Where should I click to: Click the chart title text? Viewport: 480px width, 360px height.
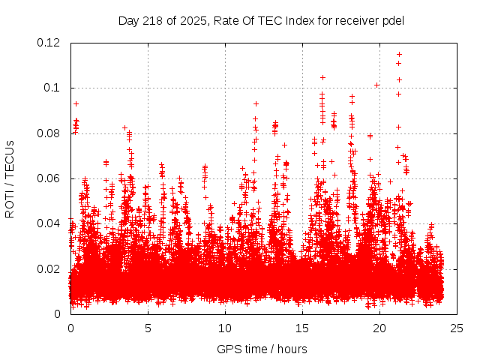click(x=261, y=20)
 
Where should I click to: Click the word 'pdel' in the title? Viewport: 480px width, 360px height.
click(x=391, y=20)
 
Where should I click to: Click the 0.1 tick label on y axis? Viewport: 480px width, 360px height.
click(x=54, y=88)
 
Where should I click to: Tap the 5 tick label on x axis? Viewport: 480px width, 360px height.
click(x=148, y=328)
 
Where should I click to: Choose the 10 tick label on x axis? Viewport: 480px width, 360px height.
click(x=225, y=328)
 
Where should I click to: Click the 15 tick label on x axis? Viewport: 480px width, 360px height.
click(x=302, y=328)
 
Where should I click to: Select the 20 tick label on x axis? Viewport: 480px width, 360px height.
click(x=379, y=328)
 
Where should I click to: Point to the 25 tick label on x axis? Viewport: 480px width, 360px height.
click(x=457, y=328)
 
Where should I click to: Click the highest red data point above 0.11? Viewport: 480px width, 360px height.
click(x=399, y=54)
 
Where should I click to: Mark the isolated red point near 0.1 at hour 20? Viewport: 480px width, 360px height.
click(x=376, y=85)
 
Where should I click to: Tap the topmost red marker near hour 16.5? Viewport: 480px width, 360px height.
click(x=322, y=77)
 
